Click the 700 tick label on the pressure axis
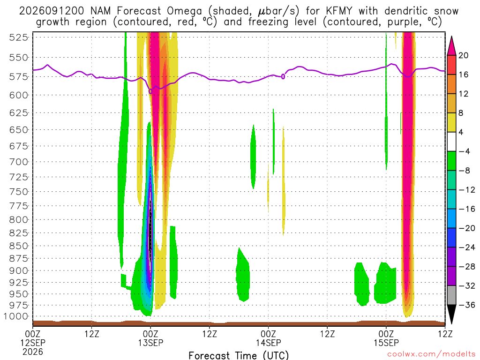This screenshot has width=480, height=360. tap(18, 162)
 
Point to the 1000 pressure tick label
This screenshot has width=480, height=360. tap(16, 316)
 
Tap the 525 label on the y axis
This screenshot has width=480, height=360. tap(18, 37)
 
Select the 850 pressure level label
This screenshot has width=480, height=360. tap(18, 246)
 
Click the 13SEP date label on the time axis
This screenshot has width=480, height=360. tap(150, 343)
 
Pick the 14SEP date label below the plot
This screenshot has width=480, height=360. tap(268, 343)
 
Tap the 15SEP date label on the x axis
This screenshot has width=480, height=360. tap(386, 343)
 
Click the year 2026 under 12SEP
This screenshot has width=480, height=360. tap(33, 352)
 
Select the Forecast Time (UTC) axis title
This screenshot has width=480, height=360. tap(239, 355)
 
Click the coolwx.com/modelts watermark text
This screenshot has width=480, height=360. tap(431, 354)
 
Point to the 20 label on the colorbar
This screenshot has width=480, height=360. tap(464, 55)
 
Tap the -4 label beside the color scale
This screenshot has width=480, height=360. tap(465, 151)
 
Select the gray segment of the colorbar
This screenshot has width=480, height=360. tap(451, 295)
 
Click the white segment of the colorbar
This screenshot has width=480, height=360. tap(451, 142)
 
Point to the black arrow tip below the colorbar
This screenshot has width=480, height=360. tap(451, 323)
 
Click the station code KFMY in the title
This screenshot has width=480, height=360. tap(339, 11)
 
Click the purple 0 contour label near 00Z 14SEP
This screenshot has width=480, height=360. tap(283, 76)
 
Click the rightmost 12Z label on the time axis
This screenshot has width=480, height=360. tap(445, 334)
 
